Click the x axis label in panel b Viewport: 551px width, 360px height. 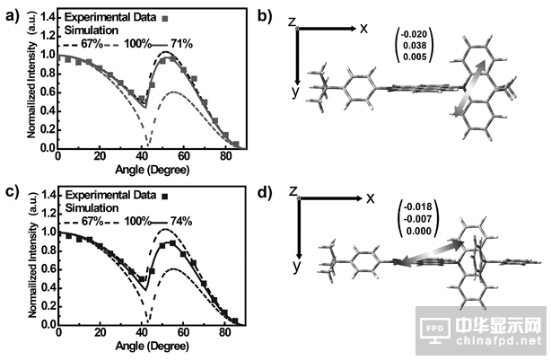[364, 28]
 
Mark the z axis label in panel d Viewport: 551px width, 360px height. [293, 190]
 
